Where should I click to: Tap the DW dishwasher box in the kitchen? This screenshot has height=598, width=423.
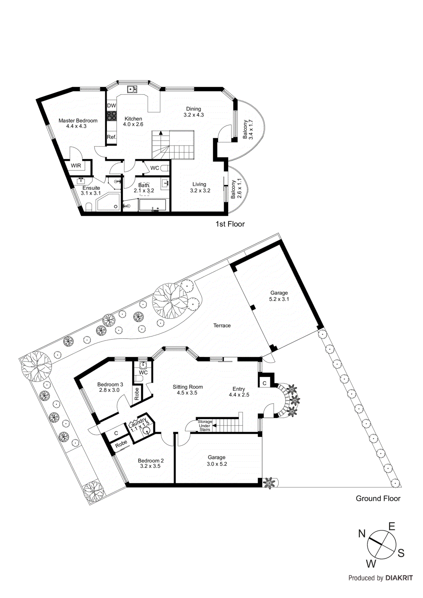point(111,106)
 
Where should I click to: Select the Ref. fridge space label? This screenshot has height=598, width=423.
point(111,137)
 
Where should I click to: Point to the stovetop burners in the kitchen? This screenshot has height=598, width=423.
point(111,116)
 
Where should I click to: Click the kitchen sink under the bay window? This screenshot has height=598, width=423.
point(132,89)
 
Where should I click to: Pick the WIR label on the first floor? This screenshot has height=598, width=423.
point(76,166)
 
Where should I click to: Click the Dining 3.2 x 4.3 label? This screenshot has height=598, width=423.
point(193,112)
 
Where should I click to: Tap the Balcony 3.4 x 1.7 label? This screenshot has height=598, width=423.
point(248,129)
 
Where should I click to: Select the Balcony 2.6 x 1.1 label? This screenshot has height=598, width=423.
point(236,189)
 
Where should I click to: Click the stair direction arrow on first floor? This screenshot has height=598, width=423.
point(161,133)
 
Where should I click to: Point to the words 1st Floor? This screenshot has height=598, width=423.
point(230,224)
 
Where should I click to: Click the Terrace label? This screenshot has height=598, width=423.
point(222,326)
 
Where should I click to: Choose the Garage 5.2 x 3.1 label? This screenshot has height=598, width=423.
point(279,296)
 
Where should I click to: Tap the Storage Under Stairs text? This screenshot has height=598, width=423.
point(205,426)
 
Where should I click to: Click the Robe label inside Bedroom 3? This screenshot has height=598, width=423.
point(137,394)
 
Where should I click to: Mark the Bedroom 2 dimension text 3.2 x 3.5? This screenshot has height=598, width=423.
point(150,466)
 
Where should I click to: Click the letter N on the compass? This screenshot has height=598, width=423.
point(362,533)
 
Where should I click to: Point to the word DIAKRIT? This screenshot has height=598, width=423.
point(399,578)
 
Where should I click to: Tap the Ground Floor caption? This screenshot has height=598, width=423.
point(378,498)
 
